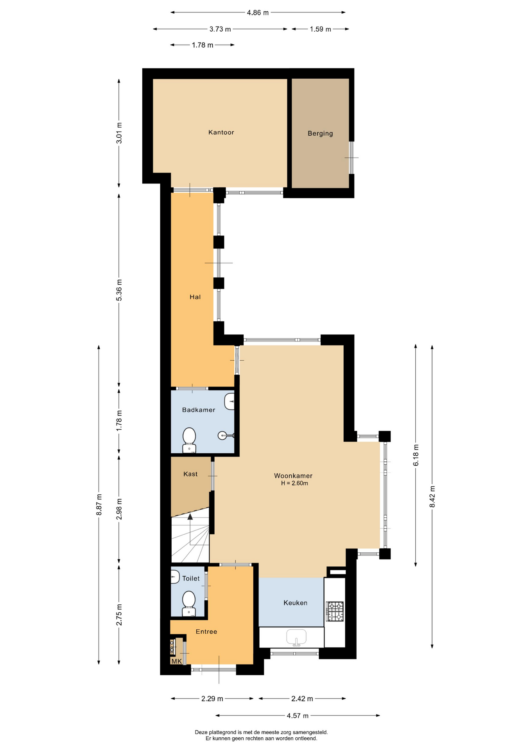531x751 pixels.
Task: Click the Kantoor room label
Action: pyautogui.click(x=221, y=132)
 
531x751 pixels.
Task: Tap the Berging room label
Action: pyautogui.click(x=320, y=133)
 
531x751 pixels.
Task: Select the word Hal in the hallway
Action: pyautogui.click(x=195, y=297)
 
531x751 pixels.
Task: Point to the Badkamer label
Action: pyautogui.click(x=199, y=410)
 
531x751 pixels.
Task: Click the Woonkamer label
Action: pyautogui.click(x=293, y=476)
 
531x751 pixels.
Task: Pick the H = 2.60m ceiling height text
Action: pyautogui.click(x=294, y=483)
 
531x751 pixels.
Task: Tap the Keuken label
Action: pyautogui.click(x=295, y=603)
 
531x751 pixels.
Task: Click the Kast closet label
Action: pyautogui.click(x=190, y=474)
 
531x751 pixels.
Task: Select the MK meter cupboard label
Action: pyautogui.click(x=177, y=661)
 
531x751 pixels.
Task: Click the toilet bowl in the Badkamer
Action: pyautogui.click(x=189, y=440)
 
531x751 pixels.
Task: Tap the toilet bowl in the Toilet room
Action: pyautogui.click(x=189, y=603)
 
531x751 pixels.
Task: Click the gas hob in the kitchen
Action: pyautogui.click(x=335, y=611)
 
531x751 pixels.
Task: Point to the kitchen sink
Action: pyautogui.click(x=296, y=637)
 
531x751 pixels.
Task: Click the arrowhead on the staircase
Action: pyautogui.click(x=190, y=517)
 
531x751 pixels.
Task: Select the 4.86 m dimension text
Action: pyautogui.click(x=258, y=13)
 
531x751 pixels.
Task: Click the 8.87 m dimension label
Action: pyautogui.click(x=99, y=505)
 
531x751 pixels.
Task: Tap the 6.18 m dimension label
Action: pyautogui.click(x=416, y=455)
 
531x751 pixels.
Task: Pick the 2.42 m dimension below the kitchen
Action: pyautogui.click(x=302, y=699)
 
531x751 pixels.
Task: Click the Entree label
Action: pyautogui.click(x=206, y=632)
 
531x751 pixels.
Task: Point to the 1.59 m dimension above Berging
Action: pyautogui.click(x=320, y=29)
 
